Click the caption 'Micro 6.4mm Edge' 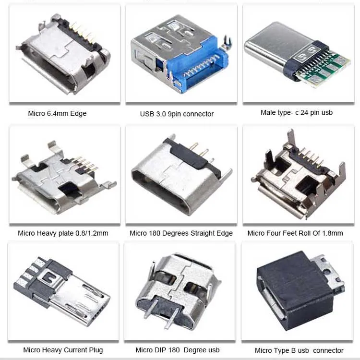[x=57, y=114]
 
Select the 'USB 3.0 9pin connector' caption [x=177, y=114]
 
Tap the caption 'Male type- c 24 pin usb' [x=296, y=112]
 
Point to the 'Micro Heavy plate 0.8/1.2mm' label [x=63, y=233]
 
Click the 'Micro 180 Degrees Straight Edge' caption [x=181, y=233]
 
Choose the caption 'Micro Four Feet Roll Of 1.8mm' [x=295, y=233]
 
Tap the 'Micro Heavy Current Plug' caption [x=63, y=349]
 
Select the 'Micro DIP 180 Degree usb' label [x=178, y=350]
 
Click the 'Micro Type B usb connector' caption [x=299, y=350]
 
